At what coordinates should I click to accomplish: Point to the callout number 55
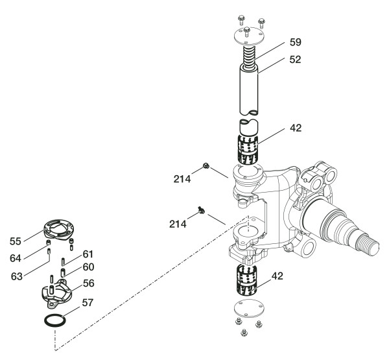tap(15, 240)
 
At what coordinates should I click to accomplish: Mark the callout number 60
tap(88, 266)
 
